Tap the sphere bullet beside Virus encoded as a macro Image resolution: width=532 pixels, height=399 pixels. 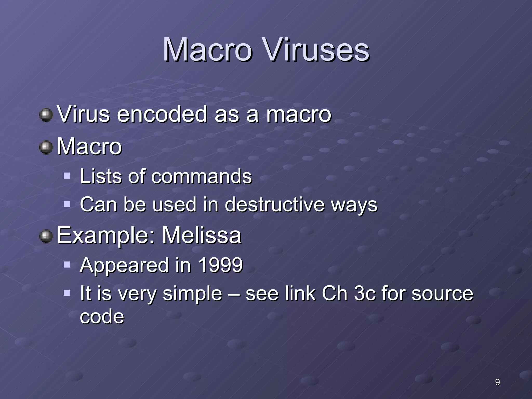tap(46, 115)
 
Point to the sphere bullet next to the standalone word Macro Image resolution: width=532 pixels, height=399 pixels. tap(46, 147)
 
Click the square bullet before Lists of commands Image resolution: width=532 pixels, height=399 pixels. tap(67, 176)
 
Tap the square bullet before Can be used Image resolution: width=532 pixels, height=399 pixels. tap(67, 204)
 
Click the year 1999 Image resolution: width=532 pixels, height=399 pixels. tap(220, 265)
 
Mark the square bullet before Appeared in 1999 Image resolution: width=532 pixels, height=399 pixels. tap(67, 265)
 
